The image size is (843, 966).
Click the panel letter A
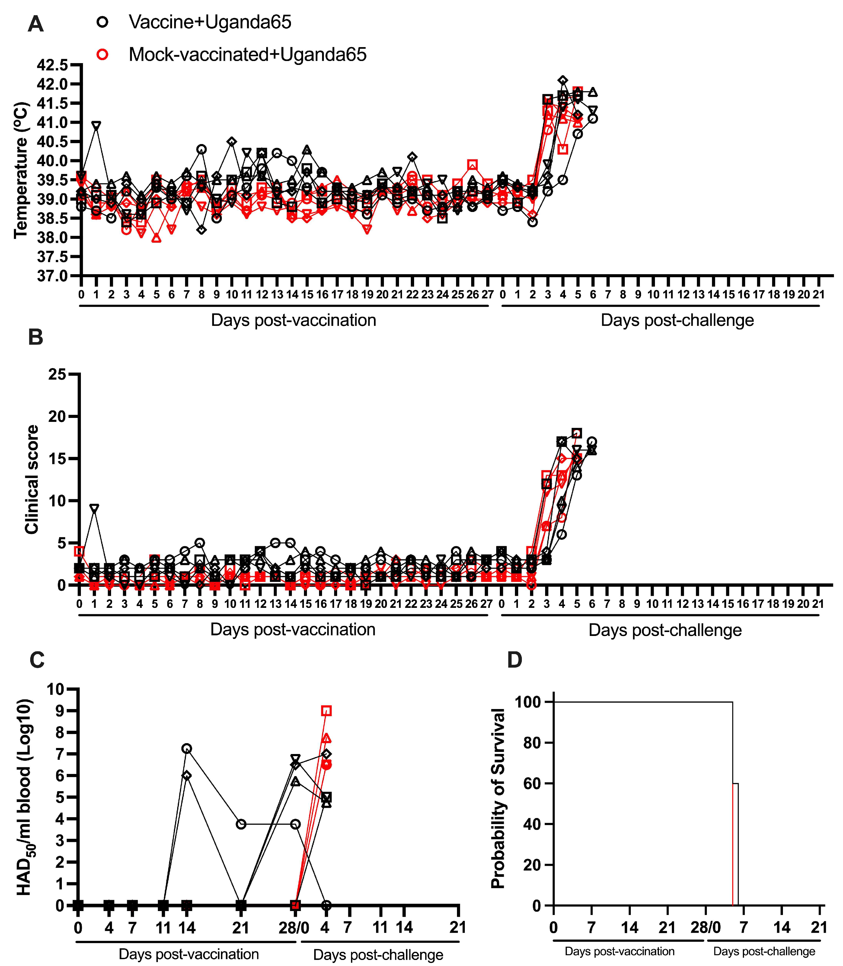click(x=36, y=24)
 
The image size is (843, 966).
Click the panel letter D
click(x=515, y=660)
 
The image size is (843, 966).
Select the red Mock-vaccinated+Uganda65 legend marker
click(x=102, y=55)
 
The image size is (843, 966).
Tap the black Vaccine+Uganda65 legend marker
click(x=102, y=22)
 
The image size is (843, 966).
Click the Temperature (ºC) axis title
click(x=21, y=170)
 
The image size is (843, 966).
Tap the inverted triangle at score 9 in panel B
click(x=94, y=509)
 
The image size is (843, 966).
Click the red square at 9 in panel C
click(x=327, y=711)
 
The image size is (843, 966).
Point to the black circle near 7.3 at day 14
click(x=187, y=749)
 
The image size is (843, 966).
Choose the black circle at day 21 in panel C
click(x=241, y=824)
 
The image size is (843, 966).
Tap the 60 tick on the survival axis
click(x=532, y=783)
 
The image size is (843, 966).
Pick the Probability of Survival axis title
click(x=498, y=798)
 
